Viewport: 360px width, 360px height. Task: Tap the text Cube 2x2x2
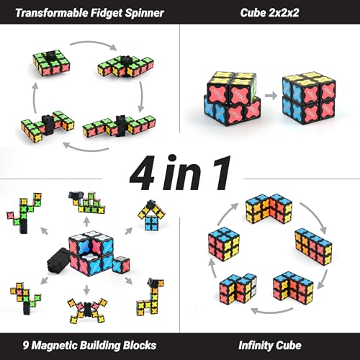click(x=269, y=13)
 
